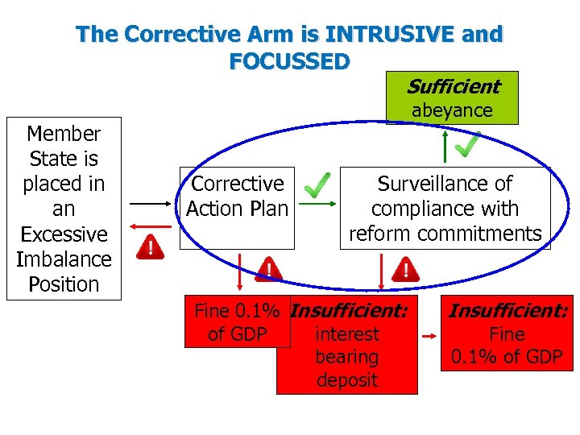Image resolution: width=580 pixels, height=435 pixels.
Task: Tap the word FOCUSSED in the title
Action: pyautogui.click(x=289, y=61)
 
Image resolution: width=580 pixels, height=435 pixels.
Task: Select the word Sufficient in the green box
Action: pyautogui.click(x=452, y=86)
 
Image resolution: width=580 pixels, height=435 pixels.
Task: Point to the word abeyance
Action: pyautogui.click(x=452, y=111)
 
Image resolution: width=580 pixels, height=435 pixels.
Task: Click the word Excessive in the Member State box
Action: pyautogui.click(x=64, y=234)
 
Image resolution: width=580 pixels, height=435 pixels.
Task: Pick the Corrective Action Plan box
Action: pyautogui.click(x=237, y=196)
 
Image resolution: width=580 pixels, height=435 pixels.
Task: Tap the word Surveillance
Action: pyautogui.click(x=445, y=184)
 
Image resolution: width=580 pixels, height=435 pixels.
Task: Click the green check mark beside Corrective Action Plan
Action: pyautogui.click(x=318, y=186)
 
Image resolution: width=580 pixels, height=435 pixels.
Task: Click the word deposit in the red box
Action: pyautogui.click(x=347, y=379)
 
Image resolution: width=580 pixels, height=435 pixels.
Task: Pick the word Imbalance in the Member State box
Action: pyautogui.click(x=64, y=259)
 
